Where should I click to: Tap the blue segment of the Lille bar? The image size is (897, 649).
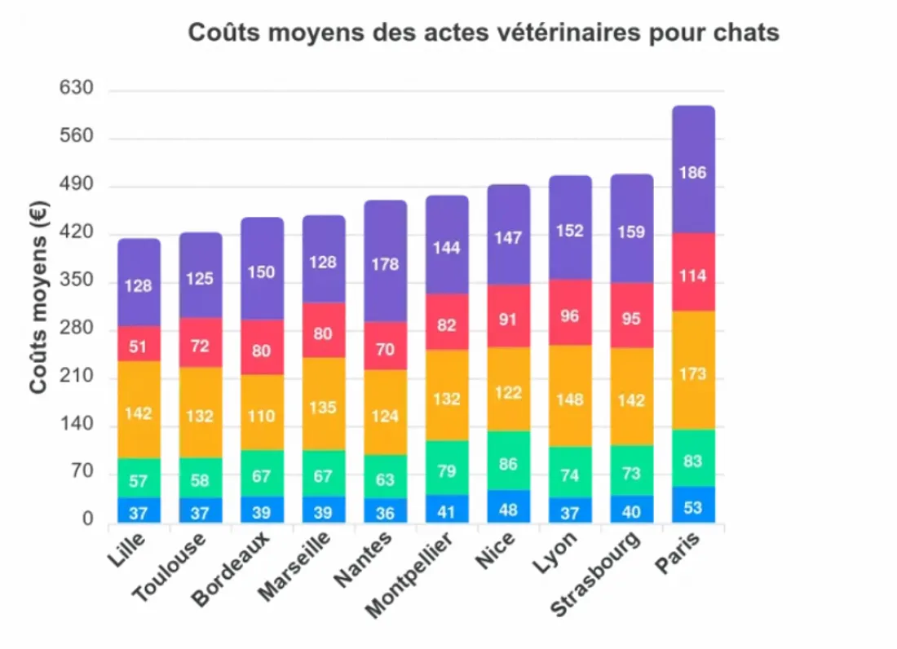(139, 510)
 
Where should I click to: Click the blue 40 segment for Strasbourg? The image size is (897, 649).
(632, 510)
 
